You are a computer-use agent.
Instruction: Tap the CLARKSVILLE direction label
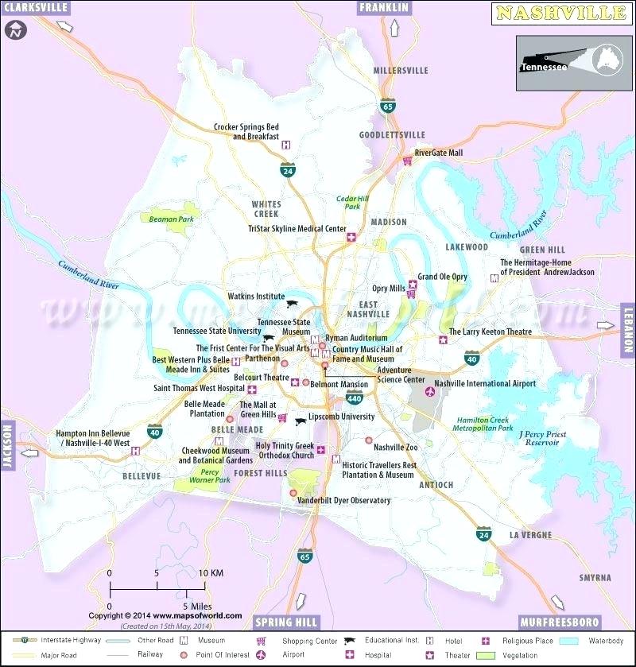pos(35,8)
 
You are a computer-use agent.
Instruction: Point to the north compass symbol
pos(16,32)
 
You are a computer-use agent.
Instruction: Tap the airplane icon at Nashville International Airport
pos(431,391)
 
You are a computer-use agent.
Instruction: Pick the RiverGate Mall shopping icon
pos(407,161)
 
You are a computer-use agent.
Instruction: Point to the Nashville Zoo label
pos(395,448)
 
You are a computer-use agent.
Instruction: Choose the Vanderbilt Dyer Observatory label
pos(343,501)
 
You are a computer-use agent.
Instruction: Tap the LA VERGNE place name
pos(530,535)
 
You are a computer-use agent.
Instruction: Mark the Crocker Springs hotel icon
pos(286,144)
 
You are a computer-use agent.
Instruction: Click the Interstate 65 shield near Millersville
pos(387,106)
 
